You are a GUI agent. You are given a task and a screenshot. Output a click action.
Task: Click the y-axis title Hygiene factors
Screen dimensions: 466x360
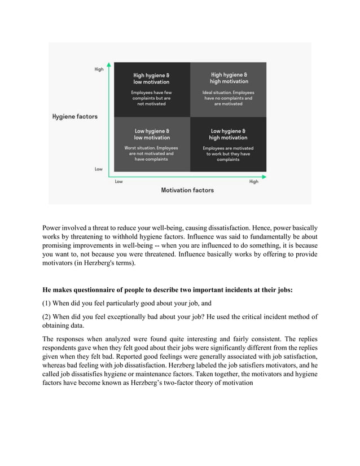click(x=74, y=117)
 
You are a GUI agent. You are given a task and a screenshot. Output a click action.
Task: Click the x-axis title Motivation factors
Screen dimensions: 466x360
click(x=187, y=190)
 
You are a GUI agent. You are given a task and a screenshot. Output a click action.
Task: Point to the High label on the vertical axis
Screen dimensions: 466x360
click(x=99, y=69)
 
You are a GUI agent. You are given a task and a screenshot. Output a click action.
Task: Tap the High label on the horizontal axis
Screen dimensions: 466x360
click(x=254, y=182)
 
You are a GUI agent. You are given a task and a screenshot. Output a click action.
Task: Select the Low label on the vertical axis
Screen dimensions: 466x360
click(x=99, y=169)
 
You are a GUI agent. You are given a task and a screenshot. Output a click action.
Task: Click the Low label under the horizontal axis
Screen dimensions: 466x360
click(x=118, y=182)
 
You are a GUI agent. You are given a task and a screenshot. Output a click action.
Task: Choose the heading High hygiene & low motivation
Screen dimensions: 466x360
click(x=151, y=78)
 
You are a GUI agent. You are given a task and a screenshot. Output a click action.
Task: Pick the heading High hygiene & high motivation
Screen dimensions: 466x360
click(x=229, y=78)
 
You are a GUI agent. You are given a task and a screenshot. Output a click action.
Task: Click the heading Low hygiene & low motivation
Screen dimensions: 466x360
click(x=151, y=134)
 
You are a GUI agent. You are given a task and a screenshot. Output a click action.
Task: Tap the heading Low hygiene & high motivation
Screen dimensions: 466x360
click(x=229, y=134)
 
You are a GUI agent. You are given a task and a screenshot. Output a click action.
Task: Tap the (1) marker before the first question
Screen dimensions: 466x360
click(x=47, y=305)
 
